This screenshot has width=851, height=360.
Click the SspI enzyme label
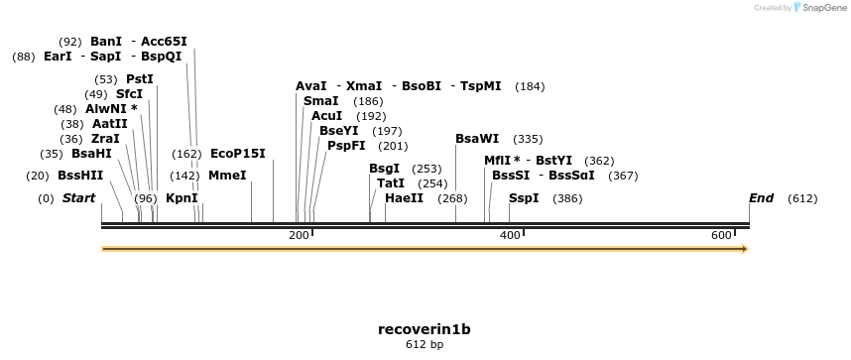click(x=523, y=198)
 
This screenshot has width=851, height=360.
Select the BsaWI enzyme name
click(x=477, y=139)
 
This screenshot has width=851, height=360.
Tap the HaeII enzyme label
click(x=404, y=198)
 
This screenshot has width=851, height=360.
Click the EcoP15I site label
click(x=238, y=154)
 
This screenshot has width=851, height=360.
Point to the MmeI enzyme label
click(x=227, y=176)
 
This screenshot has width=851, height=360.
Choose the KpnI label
click(x=182, y=198)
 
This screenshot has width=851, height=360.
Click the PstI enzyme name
click(x=140, y=79)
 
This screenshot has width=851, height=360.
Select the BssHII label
click(x=80, y=176)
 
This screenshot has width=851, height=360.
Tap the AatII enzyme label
click(x=110, y=124)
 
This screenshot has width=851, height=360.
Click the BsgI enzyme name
click(x=384, y=169)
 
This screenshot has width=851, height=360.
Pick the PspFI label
click(x=346, y=146)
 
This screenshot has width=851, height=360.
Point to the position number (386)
click(x=567, y=198)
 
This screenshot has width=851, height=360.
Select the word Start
click(x=78, y=198)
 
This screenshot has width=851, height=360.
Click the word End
click(x=761, y=198)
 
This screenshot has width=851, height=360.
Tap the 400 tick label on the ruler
click(x=510, y=235)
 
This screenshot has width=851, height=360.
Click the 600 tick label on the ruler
click(x=721, y=235)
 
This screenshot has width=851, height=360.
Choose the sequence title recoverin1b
click(x=425, y=328)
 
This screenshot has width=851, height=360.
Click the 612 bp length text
click(x=425, y=345)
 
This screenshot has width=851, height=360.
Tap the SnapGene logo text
click(x=819, y=8)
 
